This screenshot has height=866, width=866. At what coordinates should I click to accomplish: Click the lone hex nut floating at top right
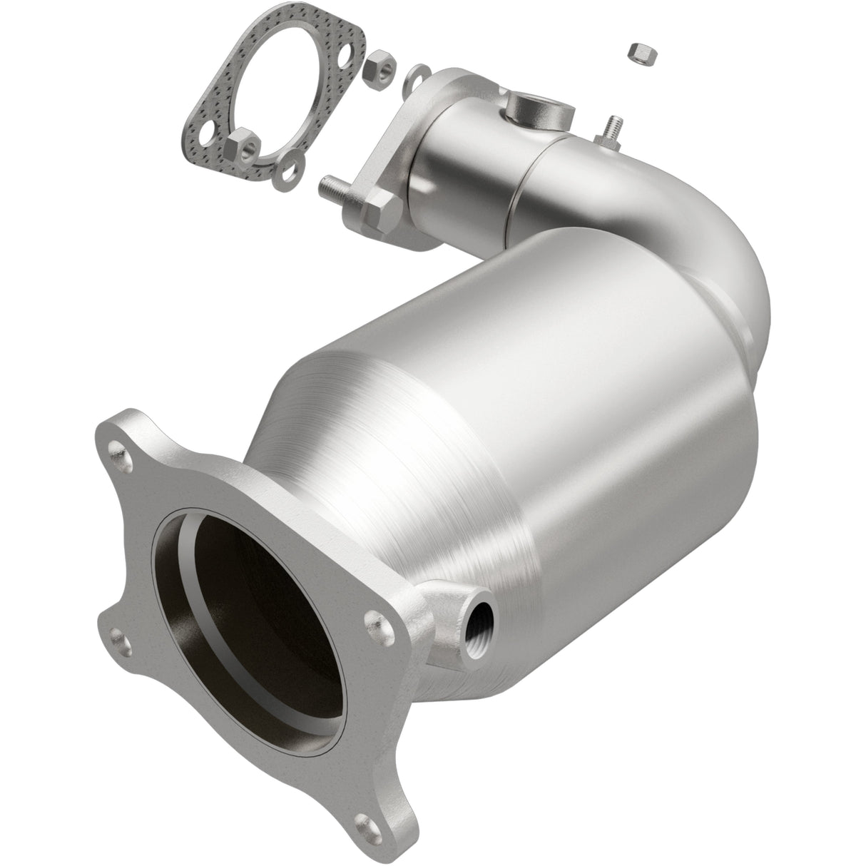pyautogui.click(x=639, y=54)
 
